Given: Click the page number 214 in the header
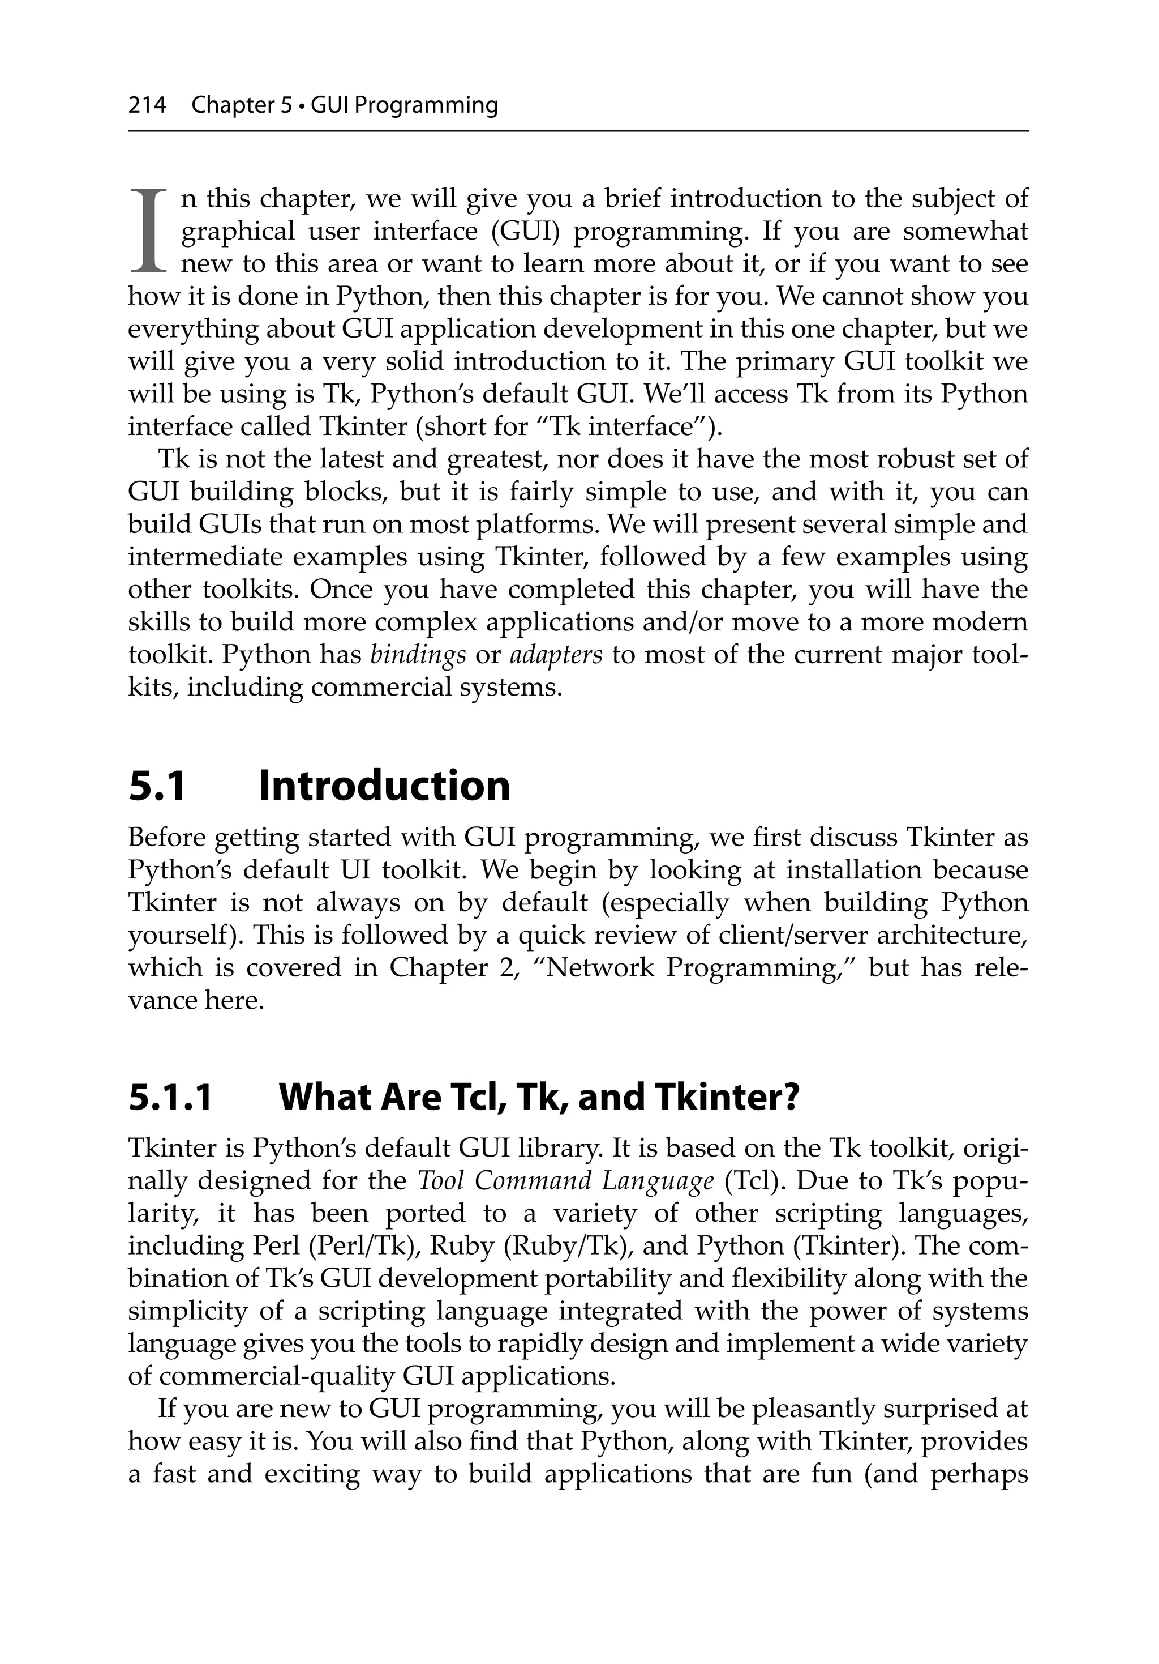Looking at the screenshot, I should tap(147, 106).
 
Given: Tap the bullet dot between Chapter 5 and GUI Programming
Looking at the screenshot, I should tap(302, 106).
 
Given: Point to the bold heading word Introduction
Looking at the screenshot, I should tap(384, 786).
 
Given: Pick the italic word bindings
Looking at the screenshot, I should tap(418, 655).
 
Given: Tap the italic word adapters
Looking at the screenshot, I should tap(556, 655).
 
